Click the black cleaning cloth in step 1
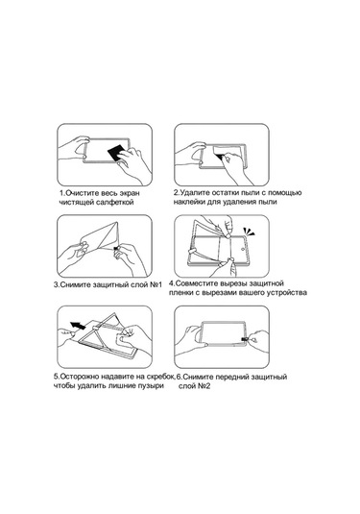[x=116, y=151]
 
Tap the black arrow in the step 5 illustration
[x=79, y=326]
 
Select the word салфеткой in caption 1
[x=115, y=203]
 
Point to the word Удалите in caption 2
[x=194, y=193]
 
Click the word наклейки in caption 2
[x=189, y=202]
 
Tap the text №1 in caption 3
[x=156, y=284]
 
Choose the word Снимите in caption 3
[x=75, y=284]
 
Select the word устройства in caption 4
[x=289, y=292]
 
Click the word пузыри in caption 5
[x=152, y=386]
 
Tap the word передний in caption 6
[x=230, y=377]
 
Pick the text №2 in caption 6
[x=204, y=386]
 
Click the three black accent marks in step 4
[x=249, y=232]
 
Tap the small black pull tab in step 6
[x=245, y=339]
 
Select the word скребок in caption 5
[x=161, y=377]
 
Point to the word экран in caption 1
[x=129, y=193]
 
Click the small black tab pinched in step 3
[x=115, y=250]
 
